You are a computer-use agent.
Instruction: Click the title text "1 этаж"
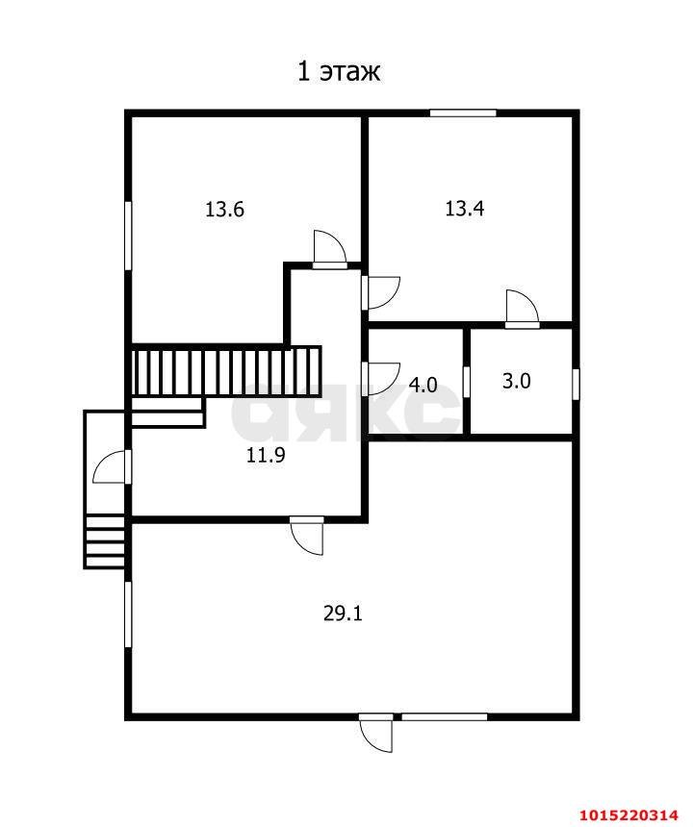tap(339, 71)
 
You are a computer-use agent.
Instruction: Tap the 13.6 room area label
tap(224, 210)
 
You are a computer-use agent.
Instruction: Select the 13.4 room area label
tap(465, 209)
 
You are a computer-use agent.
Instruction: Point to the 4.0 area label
tap(423, 385)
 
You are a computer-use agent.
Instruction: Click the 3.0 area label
tap(516, 381)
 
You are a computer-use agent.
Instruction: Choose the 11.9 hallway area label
tap(266, 455)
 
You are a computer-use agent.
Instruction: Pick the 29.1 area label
tap(343, 614)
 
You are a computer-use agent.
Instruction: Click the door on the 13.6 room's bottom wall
tap(329, 250)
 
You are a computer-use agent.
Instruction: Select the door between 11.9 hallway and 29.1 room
tap(307, 536)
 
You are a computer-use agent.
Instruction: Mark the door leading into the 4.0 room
tap(381, 379)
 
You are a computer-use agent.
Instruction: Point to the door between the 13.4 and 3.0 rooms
tap(522, 309)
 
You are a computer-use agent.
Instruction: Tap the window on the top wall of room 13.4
tap(463, 113)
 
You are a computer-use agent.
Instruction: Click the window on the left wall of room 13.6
tap(128, 236)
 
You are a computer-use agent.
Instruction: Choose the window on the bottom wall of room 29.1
tap(444, 716)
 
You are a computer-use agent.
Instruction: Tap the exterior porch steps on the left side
tap(105, 541)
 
